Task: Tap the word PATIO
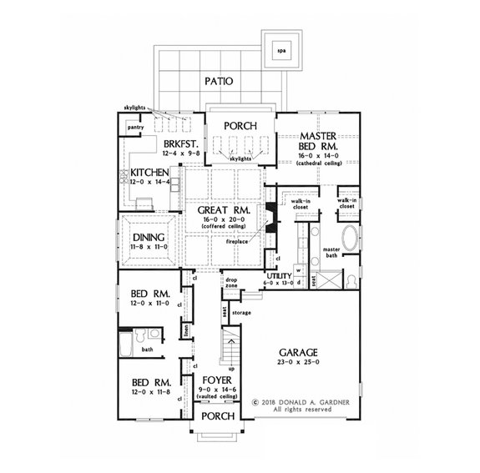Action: (216, 81)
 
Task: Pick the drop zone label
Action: (232, 284)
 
